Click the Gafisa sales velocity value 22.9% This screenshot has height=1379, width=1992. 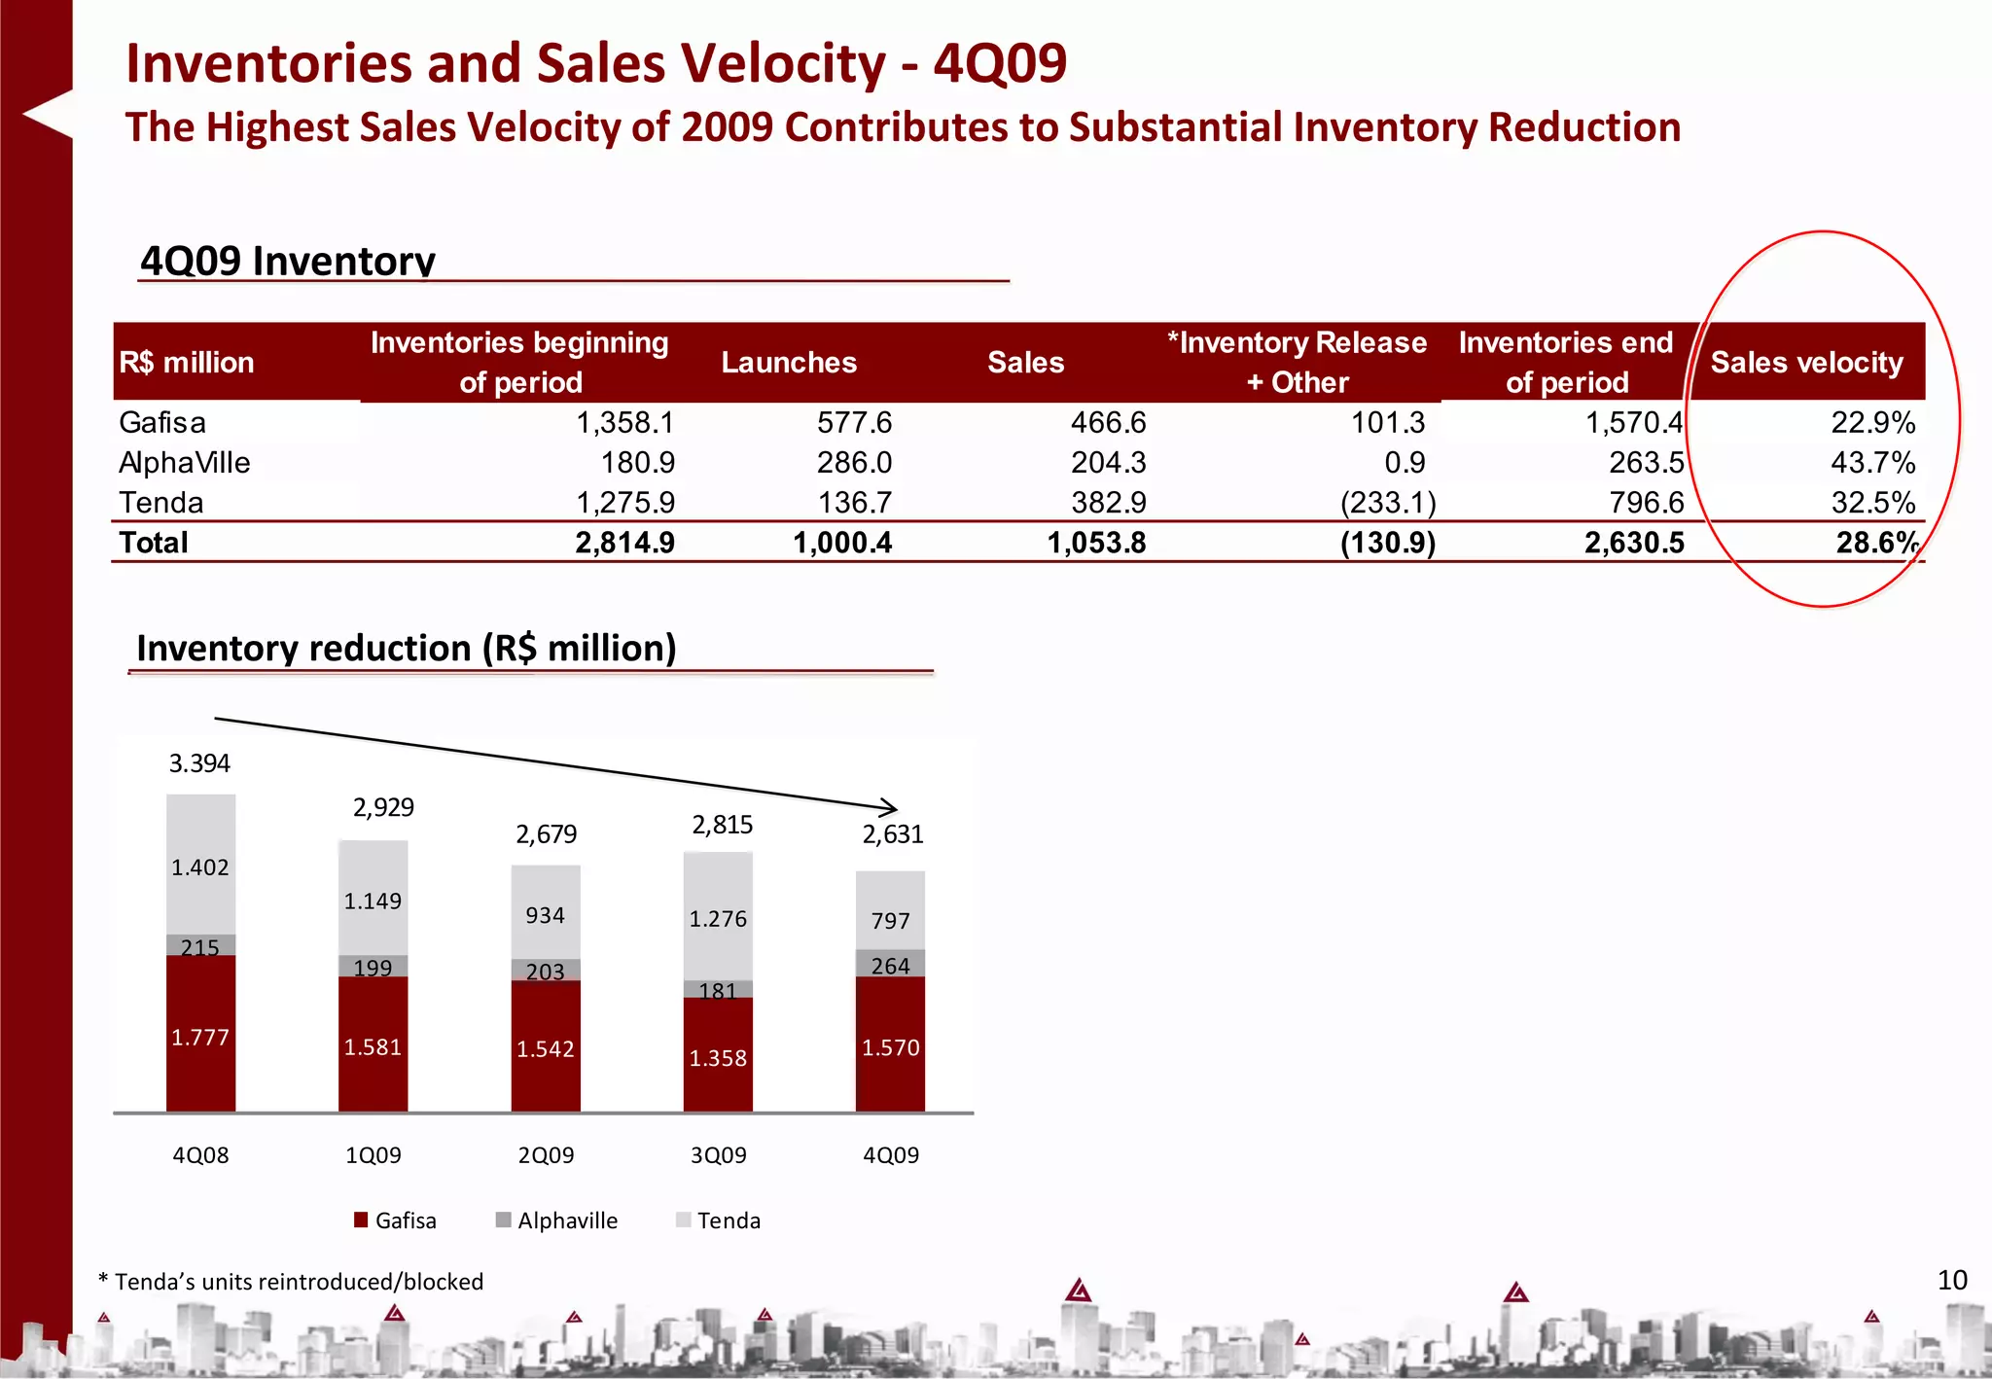tap(1872, 423)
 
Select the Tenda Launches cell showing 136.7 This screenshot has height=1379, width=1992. tap(854, 503)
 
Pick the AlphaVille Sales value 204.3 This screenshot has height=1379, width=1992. tap(1108, 463)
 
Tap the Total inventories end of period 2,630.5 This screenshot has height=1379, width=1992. tap(1634, 543)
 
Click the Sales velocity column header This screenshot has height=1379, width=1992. tap(1806, 363)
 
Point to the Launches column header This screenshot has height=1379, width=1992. tap(789, 363)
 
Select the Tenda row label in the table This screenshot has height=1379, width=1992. tap(161, 503)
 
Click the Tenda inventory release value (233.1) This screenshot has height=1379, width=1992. tap(1387, 503)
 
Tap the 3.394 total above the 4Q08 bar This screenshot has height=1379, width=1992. tap(199, 763)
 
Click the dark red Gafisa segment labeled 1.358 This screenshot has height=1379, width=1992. tap(718, 1057)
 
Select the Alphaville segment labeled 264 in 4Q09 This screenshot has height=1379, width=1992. tap(890, 965)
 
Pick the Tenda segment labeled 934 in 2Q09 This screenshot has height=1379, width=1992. tap(545, 914)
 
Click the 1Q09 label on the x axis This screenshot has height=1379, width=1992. tap(373, 1155)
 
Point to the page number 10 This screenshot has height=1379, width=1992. tap(1952, 1280)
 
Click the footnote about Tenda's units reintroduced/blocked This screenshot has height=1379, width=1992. tap(291, 1282)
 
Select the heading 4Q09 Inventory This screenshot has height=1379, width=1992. tap(288, 261)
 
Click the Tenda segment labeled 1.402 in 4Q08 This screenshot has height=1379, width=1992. tap(200, 866)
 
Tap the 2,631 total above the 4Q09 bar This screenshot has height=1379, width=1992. tap(892, 834)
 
